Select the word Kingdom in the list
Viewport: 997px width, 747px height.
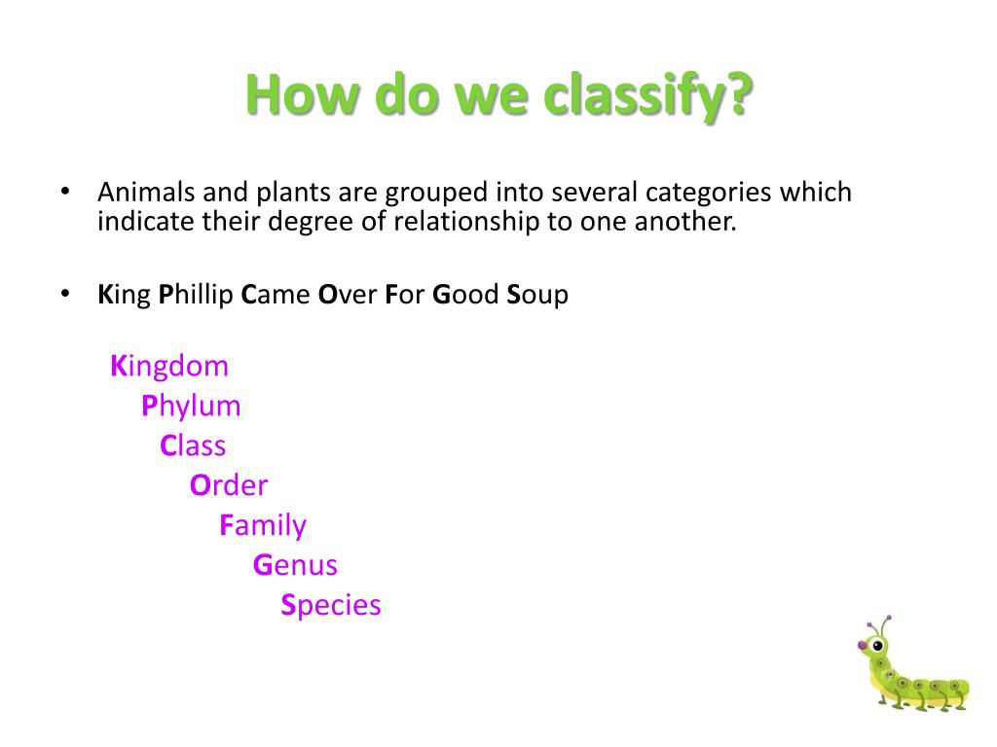pos(169,367)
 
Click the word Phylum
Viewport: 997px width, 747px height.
pos(191,406)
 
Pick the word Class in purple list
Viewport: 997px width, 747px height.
pos(193,445)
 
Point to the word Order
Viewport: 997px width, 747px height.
pos(229,485)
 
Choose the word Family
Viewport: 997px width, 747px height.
pos(263,525)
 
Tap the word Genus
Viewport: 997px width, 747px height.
pos(295,565)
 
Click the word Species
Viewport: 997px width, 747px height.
pos(331,605)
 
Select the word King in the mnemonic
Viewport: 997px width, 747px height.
pos(125,295)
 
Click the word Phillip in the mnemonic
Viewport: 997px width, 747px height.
pos(196,295)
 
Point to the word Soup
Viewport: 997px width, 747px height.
pos(536,295)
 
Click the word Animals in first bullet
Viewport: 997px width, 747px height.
pos(144,192)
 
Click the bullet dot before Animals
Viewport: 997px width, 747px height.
pos(66,191)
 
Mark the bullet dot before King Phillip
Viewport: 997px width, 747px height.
pos(66,293)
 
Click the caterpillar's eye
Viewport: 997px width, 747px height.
pos(877,644)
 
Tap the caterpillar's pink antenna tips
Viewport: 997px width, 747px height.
pos(885,619)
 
